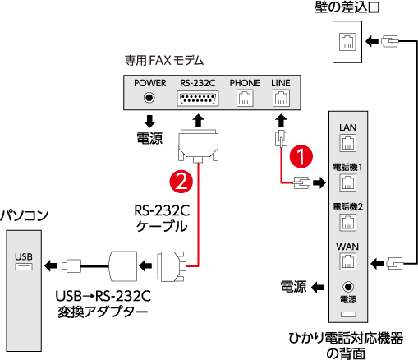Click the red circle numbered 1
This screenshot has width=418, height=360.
click(301, 157)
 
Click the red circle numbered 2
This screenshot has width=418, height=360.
click(181, 182)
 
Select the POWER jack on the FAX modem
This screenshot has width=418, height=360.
click(149, 98)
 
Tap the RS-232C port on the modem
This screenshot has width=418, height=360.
click(198, 99)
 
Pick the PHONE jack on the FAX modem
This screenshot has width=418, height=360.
click(245, 99)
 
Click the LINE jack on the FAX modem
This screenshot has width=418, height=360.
click(281, 99)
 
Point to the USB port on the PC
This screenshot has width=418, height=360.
click(24, 266)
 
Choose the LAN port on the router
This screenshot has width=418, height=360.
click(347, 143)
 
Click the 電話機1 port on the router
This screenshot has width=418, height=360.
click(347, 182)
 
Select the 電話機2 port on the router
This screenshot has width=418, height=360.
click(347, 222)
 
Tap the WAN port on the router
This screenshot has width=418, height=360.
click(347, 261)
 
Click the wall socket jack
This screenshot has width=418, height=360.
click(347, 42)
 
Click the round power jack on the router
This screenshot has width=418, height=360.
click(348, 287)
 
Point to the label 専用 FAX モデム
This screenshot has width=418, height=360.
click(164, 61)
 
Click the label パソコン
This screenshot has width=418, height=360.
click(24, 216)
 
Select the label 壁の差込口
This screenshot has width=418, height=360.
click(347, 7)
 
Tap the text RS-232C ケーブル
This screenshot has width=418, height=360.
click(162, 219)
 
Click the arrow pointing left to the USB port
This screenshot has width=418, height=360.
click(51, 265)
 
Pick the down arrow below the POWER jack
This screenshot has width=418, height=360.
click(149, 122)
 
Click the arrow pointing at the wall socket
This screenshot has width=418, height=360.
click(372, 42)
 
